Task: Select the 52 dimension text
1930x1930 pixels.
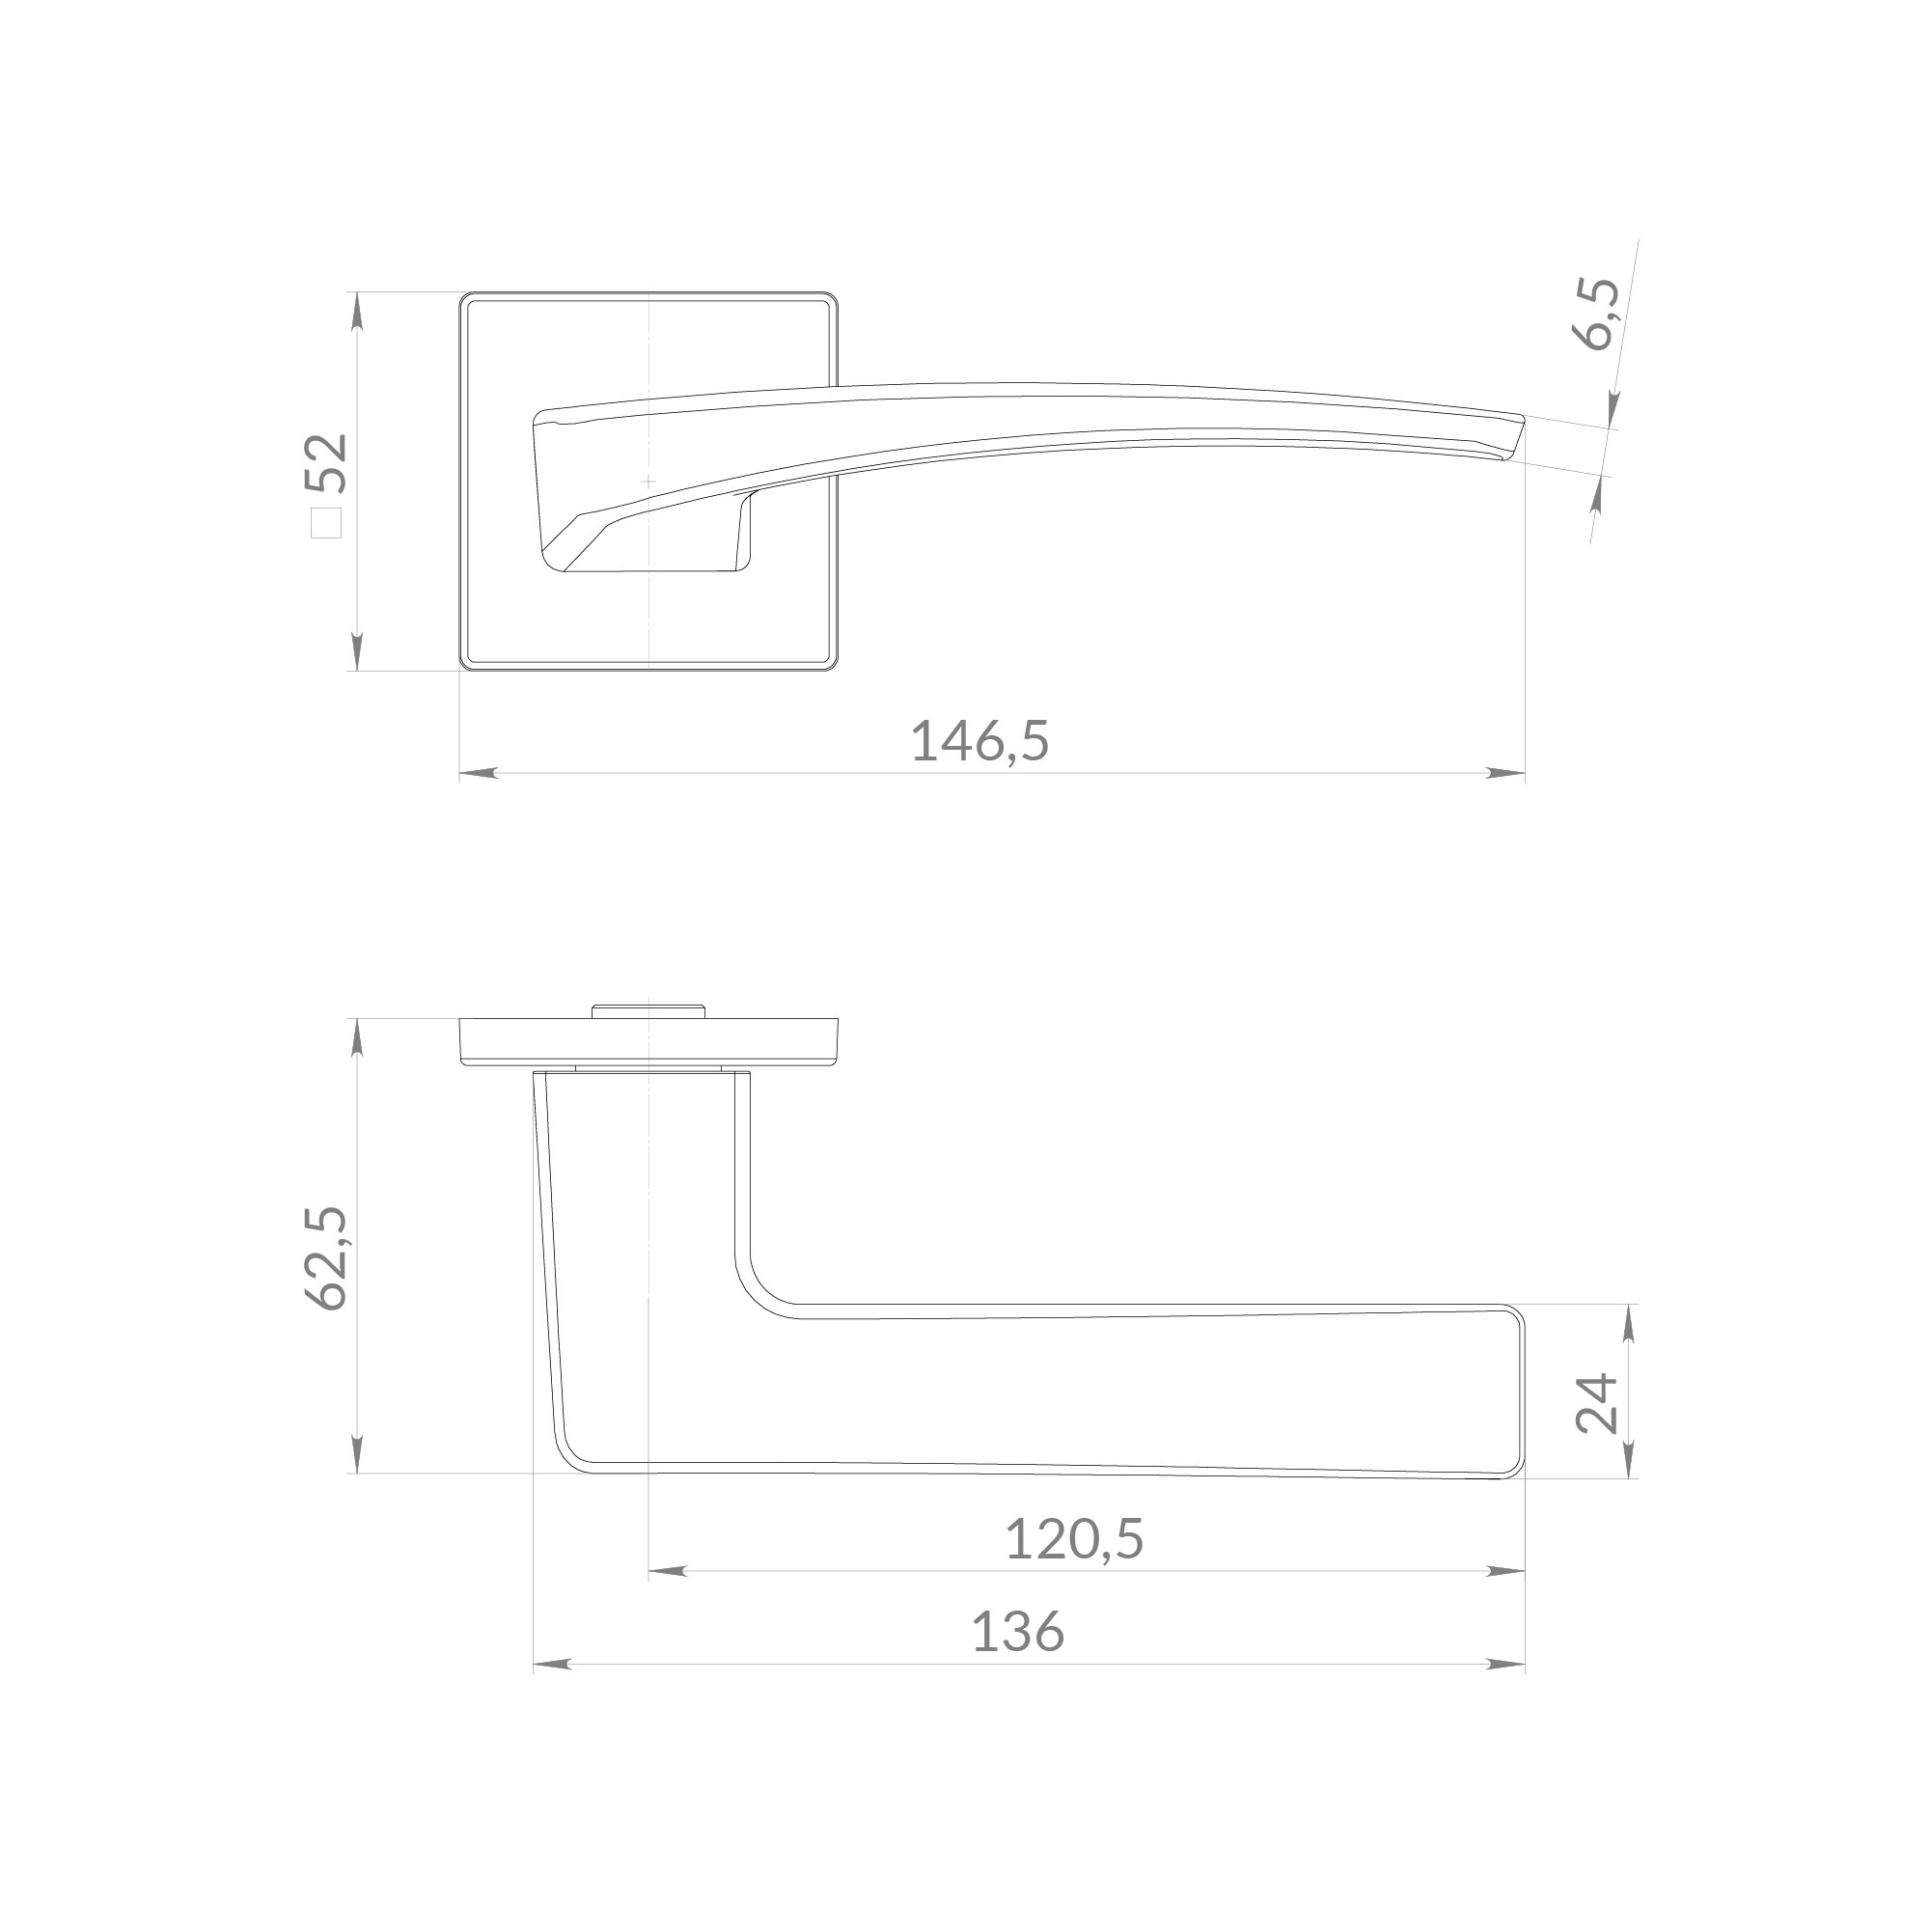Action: (328, 462)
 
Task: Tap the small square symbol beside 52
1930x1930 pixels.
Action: (327, 523)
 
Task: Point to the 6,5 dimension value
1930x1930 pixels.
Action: (1597, 313)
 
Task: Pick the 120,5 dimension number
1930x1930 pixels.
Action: (1074, 1538)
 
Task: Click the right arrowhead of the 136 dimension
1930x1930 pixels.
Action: (1505, 1665)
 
